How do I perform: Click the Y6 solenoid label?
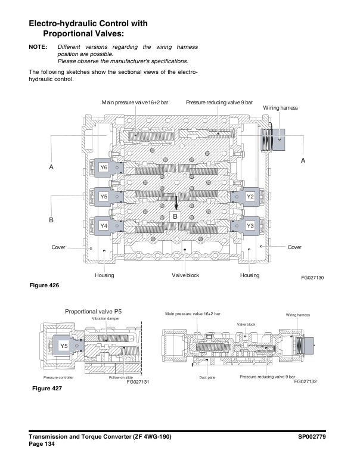pos(104,167)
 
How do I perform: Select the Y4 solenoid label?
pos(104,226)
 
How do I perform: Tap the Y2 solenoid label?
pos(250,196)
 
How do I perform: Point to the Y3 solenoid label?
pos(250,226)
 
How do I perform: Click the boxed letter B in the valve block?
pos(176,217)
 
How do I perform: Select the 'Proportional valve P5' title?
pos(93,311)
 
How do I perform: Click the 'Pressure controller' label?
pos(58,377)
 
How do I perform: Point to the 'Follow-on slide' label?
pos(121,377)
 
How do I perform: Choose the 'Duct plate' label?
pos(207,377)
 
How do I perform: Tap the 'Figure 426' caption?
pos(45,285)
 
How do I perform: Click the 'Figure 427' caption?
pos(46,389)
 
